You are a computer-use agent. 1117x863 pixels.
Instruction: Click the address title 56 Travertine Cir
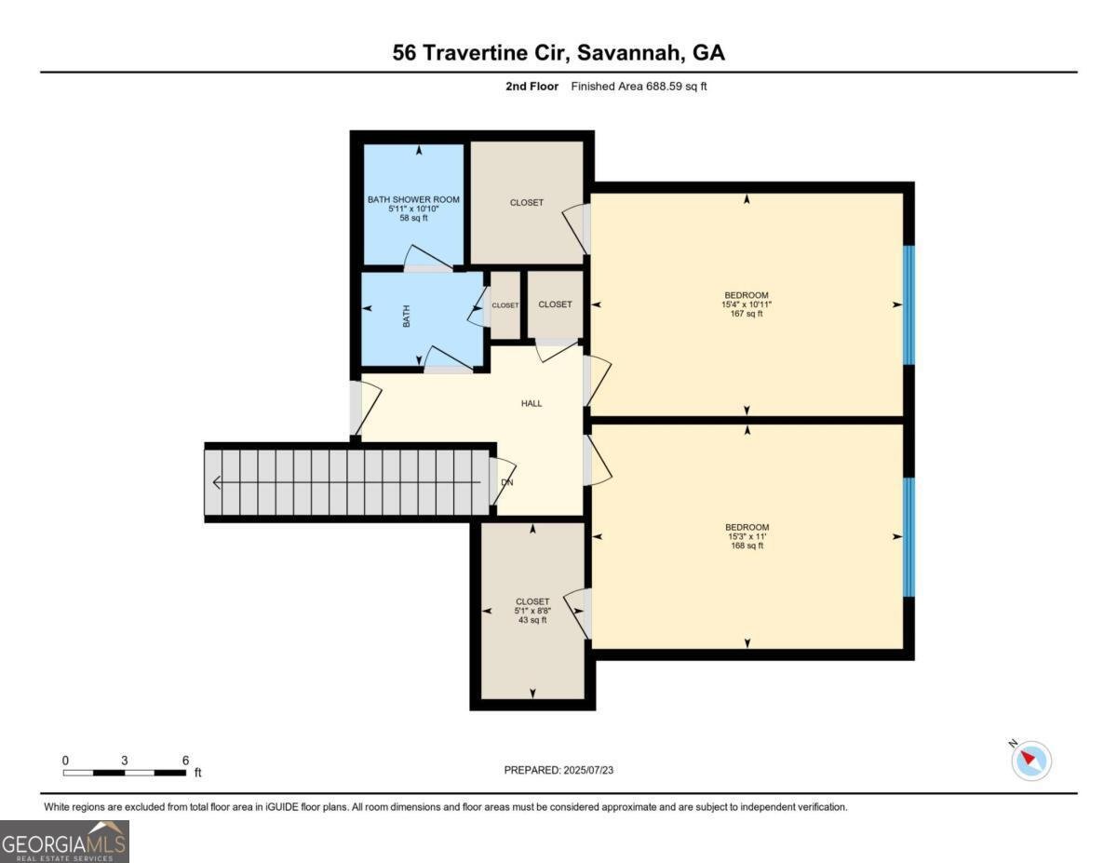558,52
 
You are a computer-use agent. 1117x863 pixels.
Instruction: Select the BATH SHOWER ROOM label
413,199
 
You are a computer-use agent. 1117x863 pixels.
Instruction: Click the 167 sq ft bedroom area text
747,314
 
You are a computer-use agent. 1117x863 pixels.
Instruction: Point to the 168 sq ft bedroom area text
747,546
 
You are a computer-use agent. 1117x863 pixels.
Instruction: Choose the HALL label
532,403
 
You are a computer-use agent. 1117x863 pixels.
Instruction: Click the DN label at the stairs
506,482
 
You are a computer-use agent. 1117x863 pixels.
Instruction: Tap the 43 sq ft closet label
532,620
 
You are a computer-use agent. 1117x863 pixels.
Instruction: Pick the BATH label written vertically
406,317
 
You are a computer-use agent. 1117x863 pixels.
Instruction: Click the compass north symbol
1030,760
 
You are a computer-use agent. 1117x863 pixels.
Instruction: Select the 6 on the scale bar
185,760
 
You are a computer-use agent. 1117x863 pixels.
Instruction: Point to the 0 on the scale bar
65,760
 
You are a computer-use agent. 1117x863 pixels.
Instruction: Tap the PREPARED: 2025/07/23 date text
558,770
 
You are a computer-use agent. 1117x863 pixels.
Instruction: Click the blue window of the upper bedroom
909,304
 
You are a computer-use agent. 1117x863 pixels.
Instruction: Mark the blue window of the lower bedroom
909,537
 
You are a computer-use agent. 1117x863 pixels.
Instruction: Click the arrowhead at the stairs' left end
217,482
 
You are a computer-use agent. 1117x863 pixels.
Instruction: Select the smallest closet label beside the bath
505,305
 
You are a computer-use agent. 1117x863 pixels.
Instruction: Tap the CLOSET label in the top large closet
526,202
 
